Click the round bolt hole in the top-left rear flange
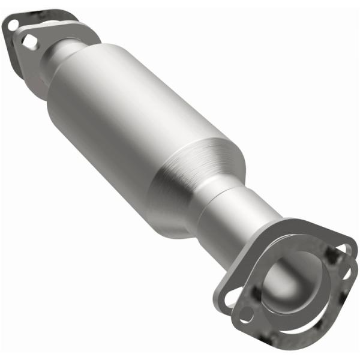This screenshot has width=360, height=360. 11,25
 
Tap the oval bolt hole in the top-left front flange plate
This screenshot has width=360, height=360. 29,41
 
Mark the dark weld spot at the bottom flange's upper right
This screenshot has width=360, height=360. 329,254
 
